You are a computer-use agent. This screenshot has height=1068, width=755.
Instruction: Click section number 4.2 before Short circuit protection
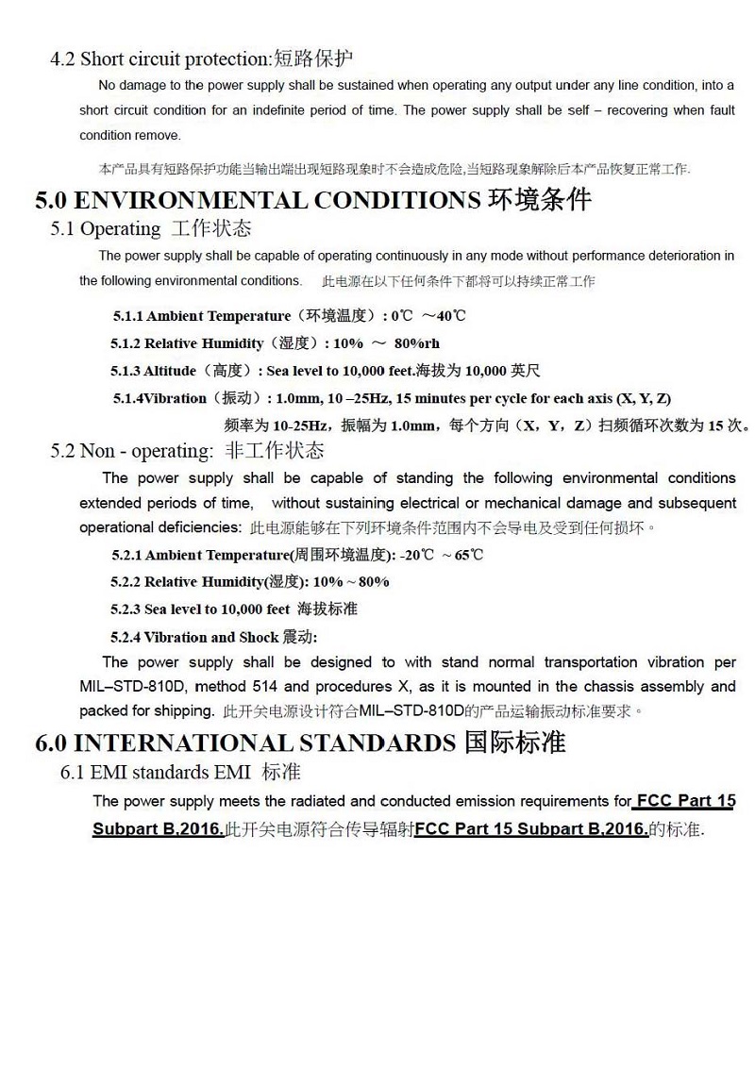[x=62, y=59]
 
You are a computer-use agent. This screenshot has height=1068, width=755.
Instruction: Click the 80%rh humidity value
[x=416, y=343]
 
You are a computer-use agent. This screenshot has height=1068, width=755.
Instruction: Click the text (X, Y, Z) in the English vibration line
[x=644, y=398]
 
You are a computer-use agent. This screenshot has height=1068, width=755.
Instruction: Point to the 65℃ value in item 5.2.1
[x=469, y=555]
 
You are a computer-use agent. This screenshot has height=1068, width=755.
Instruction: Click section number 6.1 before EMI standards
[x=73, y=773]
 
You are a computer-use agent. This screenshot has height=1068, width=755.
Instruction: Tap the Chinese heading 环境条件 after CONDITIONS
[x=541, y=201]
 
